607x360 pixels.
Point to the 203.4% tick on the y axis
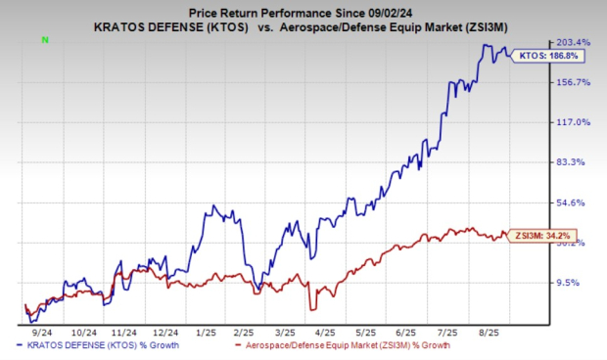[x=574, y=43]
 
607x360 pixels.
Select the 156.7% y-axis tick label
[x=574, y=82]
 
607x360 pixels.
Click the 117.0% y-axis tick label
[x=574, y=122]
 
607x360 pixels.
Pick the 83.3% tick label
[x=574, y=162]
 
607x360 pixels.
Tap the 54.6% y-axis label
[x=574, y=202]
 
